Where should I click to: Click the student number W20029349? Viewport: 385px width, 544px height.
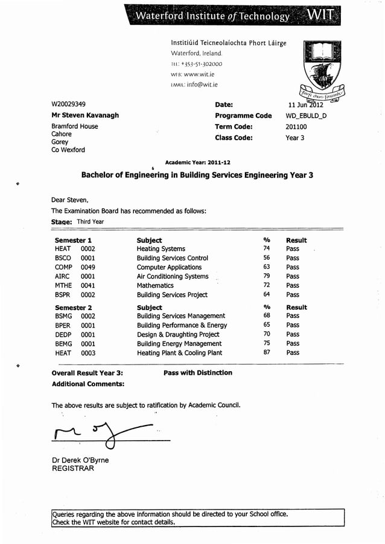68,104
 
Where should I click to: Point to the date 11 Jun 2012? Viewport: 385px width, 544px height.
306,105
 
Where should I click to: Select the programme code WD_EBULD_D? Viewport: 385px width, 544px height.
306,115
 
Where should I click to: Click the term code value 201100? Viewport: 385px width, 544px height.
296,127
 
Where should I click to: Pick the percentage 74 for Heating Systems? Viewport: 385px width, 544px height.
266,248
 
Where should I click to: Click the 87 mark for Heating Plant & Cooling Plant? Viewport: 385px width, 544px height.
266,352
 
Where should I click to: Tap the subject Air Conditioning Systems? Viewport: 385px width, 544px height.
173,276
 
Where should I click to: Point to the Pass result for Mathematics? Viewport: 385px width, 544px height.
293,285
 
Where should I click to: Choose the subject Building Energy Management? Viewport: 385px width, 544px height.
179,343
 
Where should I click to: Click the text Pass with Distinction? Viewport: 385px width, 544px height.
197,373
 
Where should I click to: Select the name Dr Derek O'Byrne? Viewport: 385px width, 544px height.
80,460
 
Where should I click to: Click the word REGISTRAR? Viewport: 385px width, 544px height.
72,468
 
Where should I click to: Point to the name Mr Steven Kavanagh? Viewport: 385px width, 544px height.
85,115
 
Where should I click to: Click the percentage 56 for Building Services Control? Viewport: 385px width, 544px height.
266,257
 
